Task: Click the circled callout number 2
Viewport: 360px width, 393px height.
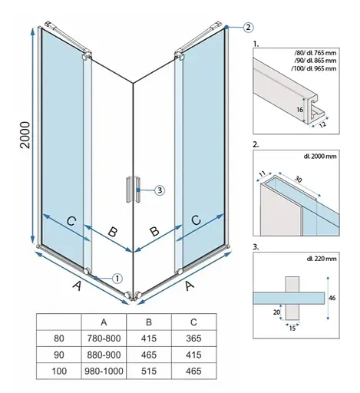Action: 248,27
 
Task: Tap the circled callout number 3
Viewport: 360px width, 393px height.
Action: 160,190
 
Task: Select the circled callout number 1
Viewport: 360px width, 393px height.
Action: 117,279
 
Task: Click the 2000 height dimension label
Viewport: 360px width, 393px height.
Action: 25,135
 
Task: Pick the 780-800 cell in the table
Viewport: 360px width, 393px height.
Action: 104,339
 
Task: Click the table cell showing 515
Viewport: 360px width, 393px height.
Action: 149,371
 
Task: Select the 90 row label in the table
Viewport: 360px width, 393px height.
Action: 59,355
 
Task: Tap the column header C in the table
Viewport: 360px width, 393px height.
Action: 193,322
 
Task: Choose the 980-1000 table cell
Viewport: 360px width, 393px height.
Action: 104,371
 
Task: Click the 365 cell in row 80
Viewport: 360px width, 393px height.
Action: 193,339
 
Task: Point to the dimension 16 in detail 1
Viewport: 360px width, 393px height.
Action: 299,110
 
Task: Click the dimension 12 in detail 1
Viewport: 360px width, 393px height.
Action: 323,125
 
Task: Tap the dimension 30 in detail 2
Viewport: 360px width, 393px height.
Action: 299,180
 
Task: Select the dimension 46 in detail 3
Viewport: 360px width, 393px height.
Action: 332,298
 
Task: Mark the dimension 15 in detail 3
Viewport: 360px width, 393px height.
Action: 292,328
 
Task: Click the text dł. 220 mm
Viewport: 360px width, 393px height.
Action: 322,259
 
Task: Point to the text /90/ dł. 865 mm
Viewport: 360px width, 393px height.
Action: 315,61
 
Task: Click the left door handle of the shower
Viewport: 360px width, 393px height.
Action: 128,190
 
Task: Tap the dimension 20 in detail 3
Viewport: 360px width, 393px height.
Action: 276,312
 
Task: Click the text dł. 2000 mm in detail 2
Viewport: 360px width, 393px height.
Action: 320,156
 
